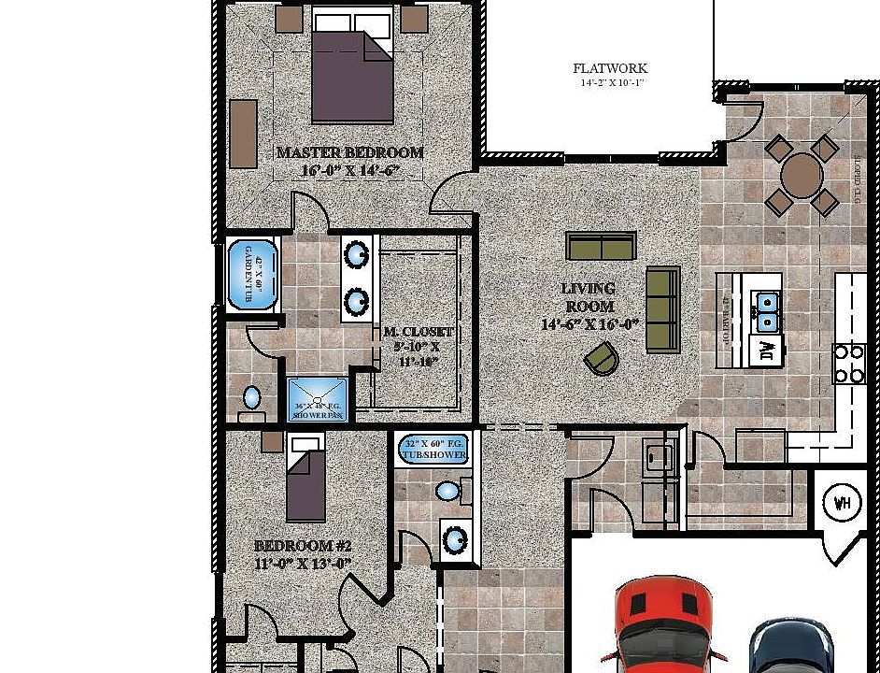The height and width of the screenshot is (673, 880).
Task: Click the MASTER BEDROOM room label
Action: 349,152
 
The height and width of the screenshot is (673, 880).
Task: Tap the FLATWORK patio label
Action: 610,68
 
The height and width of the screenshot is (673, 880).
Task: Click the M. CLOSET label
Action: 419,332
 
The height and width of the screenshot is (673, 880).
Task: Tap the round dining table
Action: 802,175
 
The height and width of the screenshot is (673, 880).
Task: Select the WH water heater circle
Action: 842,504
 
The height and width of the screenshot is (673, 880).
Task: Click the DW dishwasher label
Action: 767,351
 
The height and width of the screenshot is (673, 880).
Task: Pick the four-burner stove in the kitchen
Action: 849,364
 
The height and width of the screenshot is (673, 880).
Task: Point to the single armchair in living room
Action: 602,358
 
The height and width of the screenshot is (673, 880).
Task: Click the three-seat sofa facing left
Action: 663,308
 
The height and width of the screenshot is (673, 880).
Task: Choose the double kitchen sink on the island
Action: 766,312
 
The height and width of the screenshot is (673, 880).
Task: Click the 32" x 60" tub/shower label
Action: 434,450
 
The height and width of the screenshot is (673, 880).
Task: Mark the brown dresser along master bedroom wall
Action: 243,134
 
